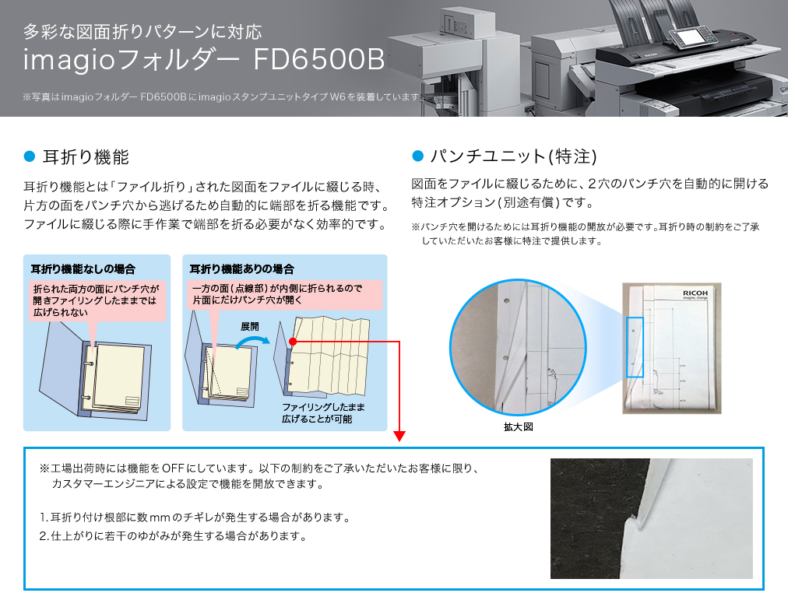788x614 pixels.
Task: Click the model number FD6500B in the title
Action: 319,59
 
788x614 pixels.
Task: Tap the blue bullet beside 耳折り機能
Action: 30,156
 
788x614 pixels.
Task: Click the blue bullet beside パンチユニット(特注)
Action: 417,156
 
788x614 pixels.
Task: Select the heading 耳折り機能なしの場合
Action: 83,269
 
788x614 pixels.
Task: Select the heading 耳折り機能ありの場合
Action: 241,269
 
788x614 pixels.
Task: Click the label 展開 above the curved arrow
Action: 250,327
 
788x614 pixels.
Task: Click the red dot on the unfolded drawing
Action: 293,342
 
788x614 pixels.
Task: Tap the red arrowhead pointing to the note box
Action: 399,436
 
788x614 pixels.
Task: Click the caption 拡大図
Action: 518,427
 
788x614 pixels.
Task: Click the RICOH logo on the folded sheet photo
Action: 695,293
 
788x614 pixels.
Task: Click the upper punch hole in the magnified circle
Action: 507,301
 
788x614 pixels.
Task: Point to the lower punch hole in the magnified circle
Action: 505,358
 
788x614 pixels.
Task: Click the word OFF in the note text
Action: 173,468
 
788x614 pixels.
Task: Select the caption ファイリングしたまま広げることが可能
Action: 323,413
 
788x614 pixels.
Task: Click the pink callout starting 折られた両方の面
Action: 97,301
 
